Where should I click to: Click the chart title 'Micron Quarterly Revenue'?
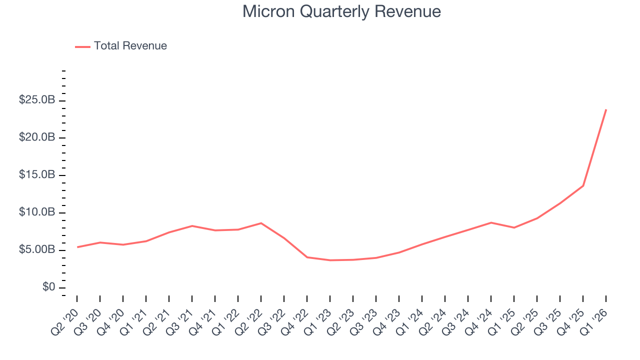(x=341, y=11)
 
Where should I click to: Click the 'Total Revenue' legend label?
(x=130, y=46)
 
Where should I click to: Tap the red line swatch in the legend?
(x=82, y=46)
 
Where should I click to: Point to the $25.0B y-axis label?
(x=37, y=100)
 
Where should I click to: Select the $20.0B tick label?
(x=37, y=137)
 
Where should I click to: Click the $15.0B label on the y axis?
(x=37, y=175)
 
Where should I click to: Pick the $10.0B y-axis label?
(x=37, y=212)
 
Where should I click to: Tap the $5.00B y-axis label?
(x=37, y=250)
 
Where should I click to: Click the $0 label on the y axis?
(x=49, y=287)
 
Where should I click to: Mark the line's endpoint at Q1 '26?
(x=606, y=109)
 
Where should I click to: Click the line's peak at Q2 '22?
(x=261, y=223)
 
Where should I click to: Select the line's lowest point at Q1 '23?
(x=330, y=260)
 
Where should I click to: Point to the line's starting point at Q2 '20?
(x=77, y=247)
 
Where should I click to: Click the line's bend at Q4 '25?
(x=583, y=185)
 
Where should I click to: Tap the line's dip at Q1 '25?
(x=514, y=227)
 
